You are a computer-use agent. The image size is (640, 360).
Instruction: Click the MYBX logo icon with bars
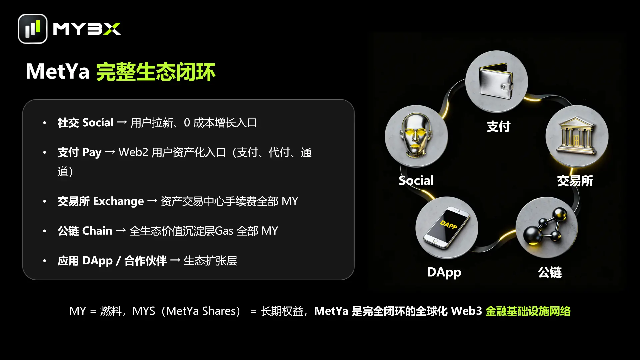(x=33, y=29)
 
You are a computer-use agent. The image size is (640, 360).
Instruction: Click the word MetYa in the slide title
(x=58, y=71)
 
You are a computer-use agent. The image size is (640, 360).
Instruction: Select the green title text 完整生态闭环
(x=156, y=72)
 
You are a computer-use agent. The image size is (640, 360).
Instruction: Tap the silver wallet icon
(x=496, y=81)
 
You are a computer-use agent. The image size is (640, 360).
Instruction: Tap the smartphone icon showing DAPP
(x=447, y=227)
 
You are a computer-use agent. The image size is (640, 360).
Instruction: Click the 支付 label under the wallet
(x=498, y=127)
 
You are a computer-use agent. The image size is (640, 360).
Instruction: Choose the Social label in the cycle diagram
(x=416, y=180)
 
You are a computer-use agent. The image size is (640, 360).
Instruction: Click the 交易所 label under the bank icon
(x=575, y=181)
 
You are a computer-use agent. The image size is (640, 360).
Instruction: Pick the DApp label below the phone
(x=444, y=272)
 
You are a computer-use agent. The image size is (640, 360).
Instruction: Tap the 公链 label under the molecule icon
(x=550, y=272)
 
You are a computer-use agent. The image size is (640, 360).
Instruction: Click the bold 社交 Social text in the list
(x=85, y=123)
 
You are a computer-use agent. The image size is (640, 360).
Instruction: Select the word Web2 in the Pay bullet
(x=133, y=152)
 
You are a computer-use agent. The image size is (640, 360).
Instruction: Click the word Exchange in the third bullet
(x=118, y=201)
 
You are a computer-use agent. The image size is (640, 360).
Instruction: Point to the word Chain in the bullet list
(x=97, y=231)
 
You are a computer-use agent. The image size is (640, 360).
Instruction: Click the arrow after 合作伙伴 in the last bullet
(x=175, y=261)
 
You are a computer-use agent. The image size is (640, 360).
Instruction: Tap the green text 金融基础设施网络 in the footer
(x=528, y=311)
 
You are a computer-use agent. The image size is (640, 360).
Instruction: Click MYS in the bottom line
(x=144, y=311)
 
